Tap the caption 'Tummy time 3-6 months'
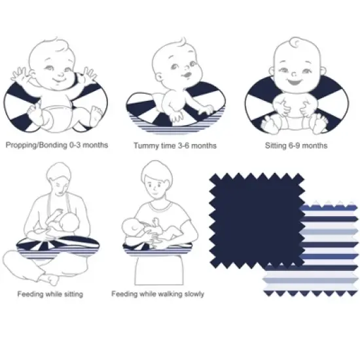tap(175, 145)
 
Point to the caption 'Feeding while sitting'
tap(50, 294)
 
